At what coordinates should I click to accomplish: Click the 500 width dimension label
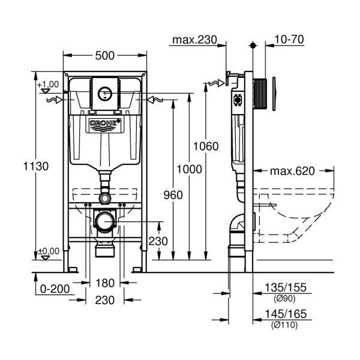click(104, 56)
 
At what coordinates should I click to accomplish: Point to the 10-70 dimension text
click(289, 40)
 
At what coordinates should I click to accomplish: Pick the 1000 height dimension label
click(190, 170)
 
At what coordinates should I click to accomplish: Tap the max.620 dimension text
click(292, 171)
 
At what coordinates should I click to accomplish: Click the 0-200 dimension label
click(54, 289)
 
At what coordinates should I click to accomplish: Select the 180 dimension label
click(104, 283)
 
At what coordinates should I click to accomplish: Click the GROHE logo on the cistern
click(104, 124)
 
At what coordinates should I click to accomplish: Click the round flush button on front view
click(104, 93)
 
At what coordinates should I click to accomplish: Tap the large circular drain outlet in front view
click(105, 220)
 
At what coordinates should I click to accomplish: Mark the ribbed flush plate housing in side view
click(260, 93)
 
